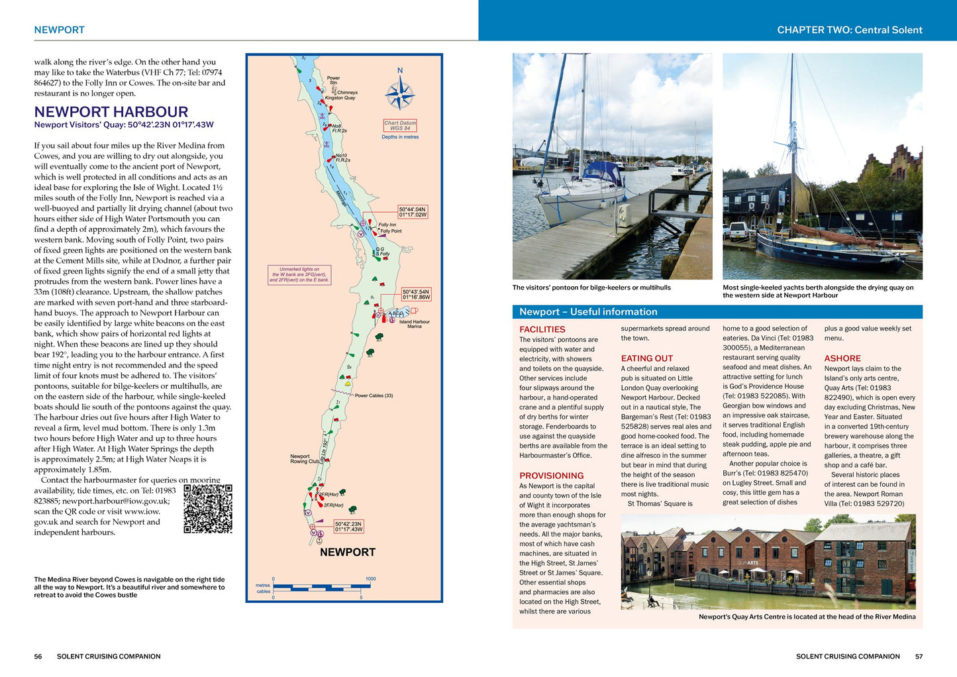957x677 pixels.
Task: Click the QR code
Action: (x=208, y=509)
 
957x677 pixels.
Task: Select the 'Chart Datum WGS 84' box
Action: (x=400, y=125)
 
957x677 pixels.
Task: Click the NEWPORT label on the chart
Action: (x=348, y=552)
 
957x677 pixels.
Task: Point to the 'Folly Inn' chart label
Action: (x=387, y=225)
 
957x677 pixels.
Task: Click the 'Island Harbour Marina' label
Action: (x=415, y=324)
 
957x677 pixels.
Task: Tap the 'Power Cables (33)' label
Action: (x=374, y=395)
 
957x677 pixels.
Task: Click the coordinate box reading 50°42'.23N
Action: (x=349, y=526)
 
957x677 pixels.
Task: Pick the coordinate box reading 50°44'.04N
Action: (x=413, y=212)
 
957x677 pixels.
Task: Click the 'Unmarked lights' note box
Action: (x=299, y=275)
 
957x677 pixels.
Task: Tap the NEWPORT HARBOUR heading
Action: (x=111, y=112)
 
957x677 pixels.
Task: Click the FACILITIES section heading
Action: (x=542, y=329)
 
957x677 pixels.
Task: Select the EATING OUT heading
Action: (x=647, y=358)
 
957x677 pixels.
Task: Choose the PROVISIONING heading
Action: (x=552, y=476)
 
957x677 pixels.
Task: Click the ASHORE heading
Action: (x=842, y=358)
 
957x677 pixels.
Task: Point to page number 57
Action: (x=919, y=656)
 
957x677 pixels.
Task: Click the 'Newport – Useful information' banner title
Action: (x=588, y=312)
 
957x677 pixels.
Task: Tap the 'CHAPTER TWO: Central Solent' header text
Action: (x=850, y=30)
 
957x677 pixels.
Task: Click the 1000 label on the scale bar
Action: (x=370, y=579)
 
